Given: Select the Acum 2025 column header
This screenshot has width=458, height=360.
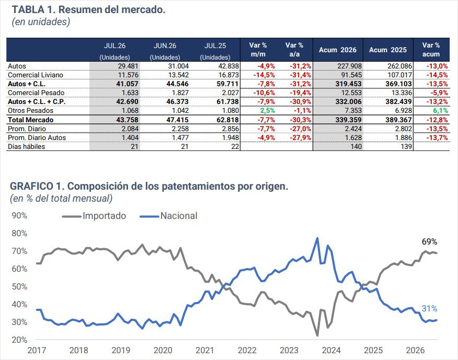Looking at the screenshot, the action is [387, 50].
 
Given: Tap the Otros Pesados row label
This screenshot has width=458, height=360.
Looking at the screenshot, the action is [31, 110].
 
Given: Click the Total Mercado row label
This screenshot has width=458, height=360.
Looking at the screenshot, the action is [31, 120].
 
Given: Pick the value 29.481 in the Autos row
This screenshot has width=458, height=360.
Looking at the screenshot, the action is [128, 66].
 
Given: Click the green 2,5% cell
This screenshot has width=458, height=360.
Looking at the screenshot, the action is [267, 111].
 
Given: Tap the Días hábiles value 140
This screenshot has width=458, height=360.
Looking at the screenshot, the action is [356, 146].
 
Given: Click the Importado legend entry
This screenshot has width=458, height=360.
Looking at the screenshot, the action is [94, 216].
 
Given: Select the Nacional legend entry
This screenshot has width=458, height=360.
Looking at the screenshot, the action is [168, 216].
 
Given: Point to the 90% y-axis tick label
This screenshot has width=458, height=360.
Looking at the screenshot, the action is [19, 215].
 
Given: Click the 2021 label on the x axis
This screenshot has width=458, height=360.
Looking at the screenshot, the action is [205, 350].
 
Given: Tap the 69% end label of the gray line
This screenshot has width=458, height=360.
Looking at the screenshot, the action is [429, 242].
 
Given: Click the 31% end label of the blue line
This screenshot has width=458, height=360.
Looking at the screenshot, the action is [429, 308].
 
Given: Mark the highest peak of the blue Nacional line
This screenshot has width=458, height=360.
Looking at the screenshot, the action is [317, 238].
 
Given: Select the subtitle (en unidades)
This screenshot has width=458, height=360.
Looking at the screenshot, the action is [41, 22].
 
